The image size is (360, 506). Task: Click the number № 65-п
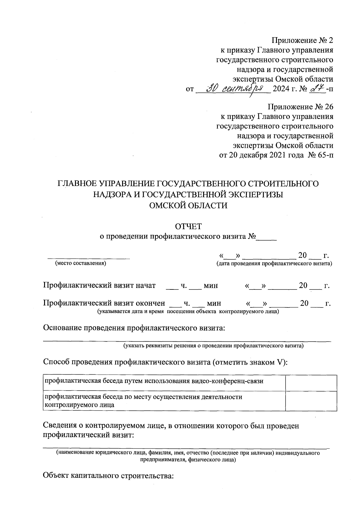coord(320,155)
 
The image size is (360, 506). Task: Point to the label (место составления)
coord(80,264)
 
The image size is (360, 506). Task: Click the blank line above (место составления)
coord(89,257)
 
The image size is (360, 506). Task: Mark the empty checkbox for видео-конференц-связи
coord(311,383)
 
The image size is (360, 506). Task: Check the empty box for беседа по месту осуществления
coord(311,401)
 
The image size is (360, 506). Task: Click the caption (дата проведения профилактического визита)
coord(274,264)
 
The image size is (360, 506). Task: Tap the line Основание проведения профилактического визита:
coord(134,328)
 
